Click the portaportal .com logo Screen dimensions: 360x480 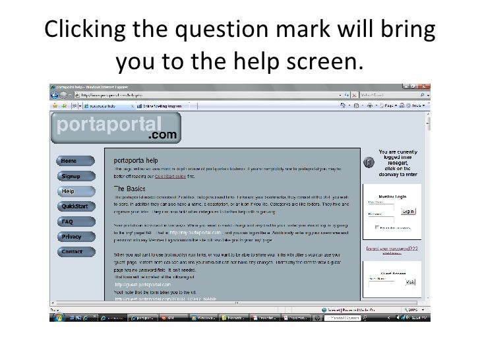pyautogui.click(x=115, y=128)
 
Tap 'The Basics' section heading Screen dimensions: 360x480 pyautogui.click(x=129, y=188)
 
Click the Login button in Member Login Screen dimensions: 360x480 pyautogui.click(x=407, y=211)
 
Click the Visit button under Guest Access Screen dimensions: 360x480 pyautogui.click(x=410, y=282)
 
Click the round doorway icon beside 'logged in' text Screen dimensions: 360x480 pyautogui.click(x=369, y=162)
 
